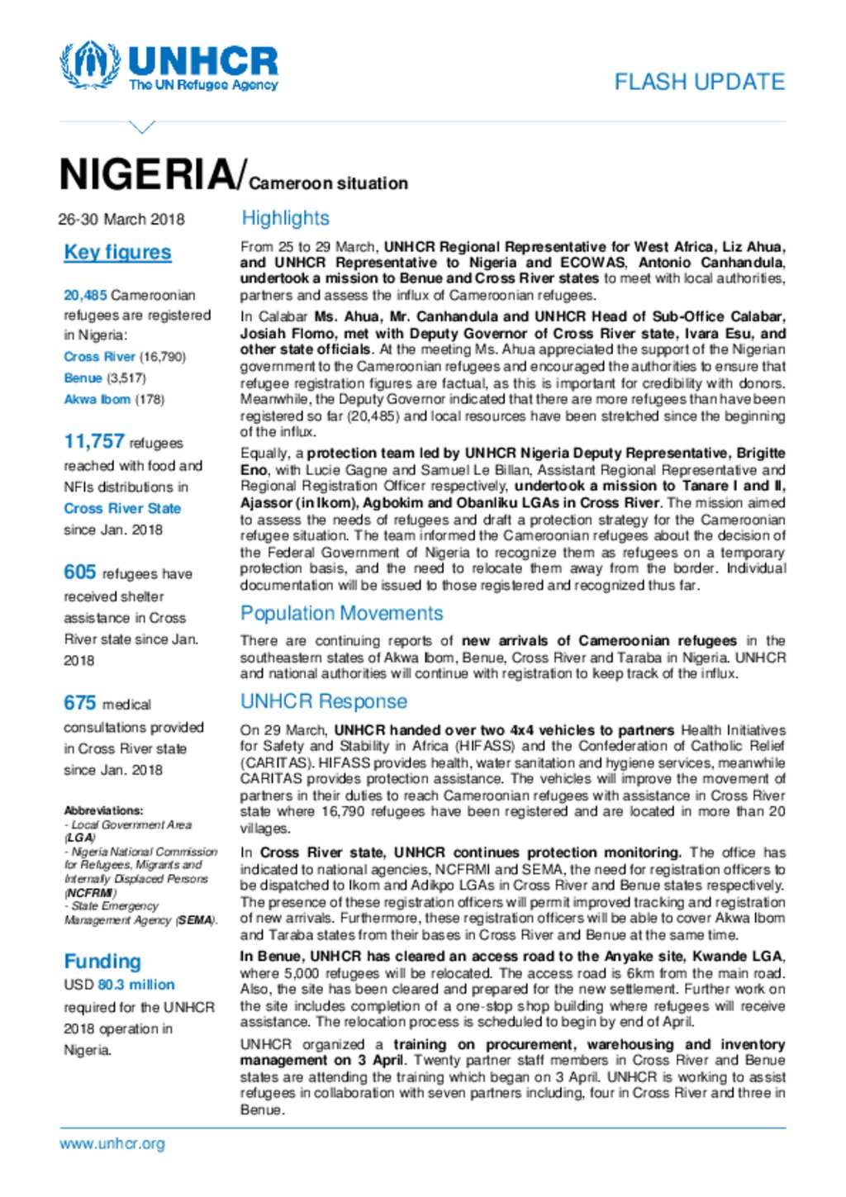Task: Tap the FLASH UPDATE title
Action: tap(699, 82)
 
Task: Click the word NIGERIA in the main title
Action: tap(147, 174)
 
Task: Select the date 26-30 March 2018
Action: tap(121, 219)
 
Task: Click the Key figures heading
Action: tap(117, 252)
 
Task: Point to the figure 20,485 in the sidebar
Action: tap(85, 295)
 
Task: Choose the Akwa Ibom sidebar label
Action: tap(97, 399)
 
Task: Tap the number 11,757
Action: tap(94, 442)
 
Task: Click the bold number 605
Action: tap(80, 572)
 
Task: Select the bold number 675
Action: tap(80, 703)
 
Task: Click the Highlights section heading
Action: tap(285, 218)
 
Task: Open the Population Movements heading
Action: tap(341, 613)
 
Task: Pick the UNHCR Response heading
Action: tap(323, 701)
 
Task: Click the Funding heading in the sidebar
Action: tap(102, 961)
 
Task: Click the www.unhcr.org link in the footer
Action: tap(112, 1143)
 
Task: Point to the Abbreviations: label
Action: tap(103, 810)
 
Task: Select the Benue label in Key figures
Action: tap(83, 378)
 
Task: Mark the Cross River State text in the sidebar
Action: tap(122, 508)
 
